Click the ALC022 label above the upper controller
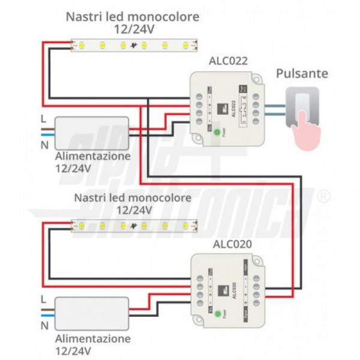228,61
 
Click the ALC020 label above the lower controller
232,244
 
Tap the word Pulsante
302,74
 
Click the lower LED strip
136,226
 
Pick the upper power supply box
92,133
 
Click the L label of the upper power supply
43,118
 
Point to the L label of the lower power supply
43,298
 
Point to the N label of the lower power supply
43,326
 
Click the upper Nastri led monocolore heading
133,17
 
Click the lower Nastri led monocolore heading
133,197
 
